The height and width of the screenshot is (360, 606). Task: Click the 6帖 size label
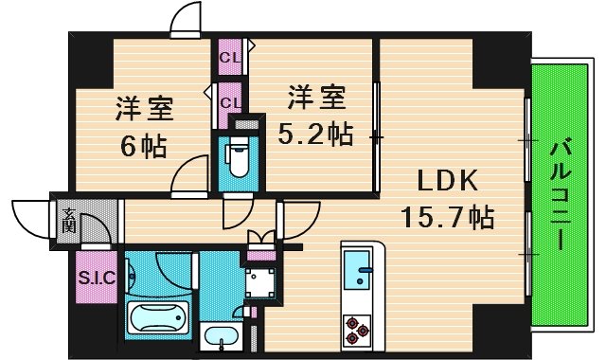point(143,147)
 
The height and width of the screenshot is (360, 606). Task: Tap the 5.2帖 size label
point(315,135)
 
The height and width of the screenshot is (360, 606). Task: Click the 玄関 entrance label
point(69,225)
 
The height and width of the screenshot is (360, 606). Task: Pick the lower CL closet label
point(229,98)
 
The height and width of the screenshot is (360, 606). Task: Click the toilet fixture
point(237,157)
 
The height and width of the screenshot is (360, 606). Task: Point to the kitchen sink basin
point(359,269)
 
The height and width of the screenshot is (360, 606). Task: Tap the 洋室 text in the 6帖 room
point(144,109)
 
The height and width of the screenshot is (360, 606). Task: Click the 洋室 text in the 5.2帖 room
point(315,98)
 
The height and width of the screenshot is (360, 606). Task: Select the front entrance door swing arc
point(30,217)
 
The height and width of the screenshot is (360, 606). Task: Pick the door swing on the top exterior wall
point(187,19)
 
